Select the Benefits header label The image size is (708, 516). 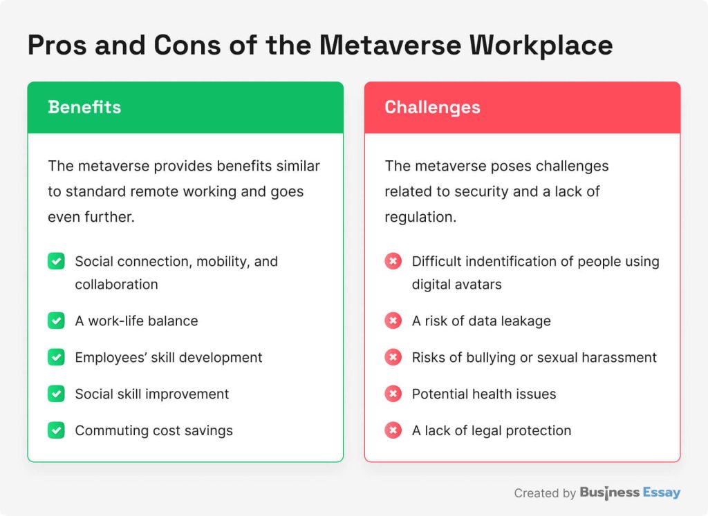[84, 107]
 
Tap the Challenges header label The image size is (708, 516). [432, 107]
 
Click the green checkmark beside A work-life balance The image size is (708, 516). [56, 321]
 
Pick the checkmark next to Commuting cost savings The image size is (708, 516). [56, 430]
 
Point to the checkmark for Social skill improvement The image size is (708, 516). [56, 394]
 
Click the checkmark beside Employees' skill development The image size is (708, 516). [56, 357]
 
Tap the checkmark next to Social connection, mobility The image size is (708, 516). [56, 262]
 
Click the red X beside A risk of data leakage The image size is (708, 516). [393, 321]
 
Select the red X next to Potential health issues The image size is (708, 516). [393, 394]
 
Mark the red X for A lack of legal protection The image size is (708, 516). [393, 430]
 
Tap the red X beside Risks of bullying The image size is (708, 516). [393, 357]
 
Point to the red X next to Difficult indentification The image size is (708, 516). [393, 262]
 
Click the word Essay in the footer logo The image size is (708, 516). [662, 493]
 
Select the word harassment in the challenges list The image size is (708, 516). [622, 357]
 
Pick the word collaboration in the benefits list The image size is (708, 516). [116, 284]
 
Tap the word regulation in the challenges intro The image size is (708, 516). [418, 216]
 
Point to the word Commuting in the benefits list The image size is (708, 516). [107, 430]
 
